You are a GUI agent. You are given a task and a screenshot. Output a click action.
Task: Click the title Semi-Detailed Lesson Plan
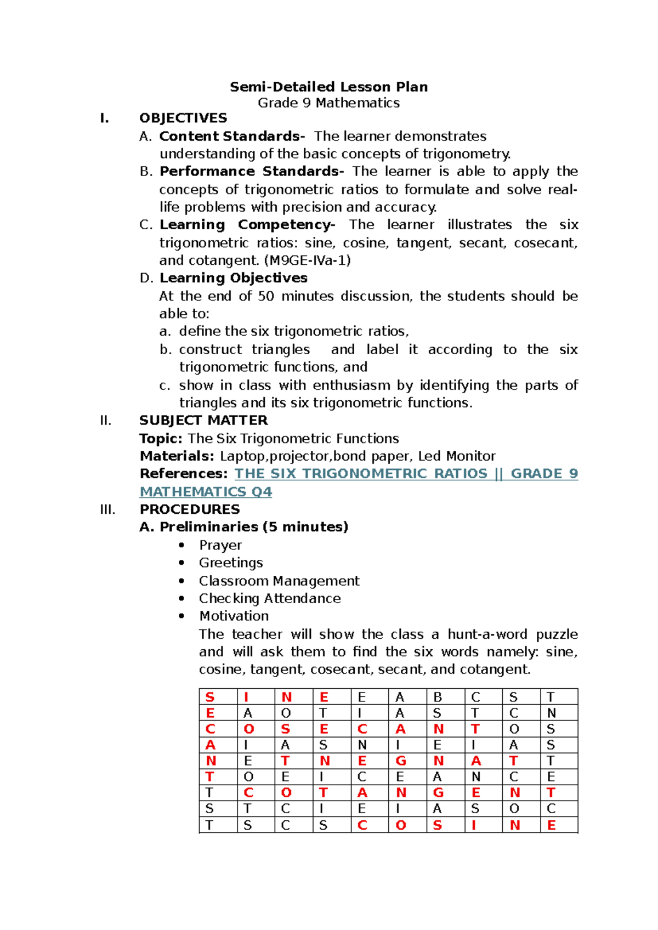point(328,87)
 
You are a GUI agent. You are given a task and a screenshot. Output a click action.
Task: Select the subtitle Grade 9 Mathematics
point(328,103)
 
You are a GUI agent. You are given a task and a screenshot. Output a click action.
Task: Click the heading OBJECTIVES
point(183,118)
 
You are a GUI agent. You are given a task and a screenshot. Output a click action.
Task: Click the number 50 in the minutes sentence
point(266,296)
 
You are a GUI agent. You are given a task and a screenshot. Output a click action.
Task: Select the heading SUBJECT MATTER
point(203,421)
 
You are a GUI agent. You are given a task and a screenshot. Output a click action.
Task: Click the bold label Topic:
point(161,439)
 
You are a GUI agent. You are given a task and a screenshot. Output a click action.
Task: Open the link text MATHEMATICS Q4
point(206,492)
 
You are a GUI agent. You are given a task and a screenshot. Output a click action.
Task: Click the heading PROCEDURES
point(190,509)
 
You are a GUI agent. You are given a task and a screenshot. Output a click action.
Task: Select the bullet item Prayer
point(220,545)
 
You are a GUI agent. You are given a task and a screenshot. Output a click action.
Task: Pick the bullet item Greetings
point(231,563)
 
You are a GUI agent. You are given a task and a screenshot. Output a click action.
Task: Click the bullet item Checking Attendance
point(270,598)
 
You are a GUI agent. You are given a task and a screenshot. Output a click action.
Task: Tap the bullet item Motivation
point(234,616)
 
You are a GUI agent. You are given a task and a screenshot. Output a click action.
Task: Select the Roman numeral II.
point(105,421)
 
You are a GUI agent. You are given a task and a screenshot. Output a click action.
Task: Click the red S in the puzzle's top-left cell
point(209,697)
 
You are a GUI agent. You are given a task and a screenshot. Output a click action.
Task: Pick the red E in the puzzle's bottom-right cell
point(551,825)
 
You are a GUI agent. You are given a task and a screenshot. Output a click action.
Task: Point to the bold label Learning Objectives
point(233,278)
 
